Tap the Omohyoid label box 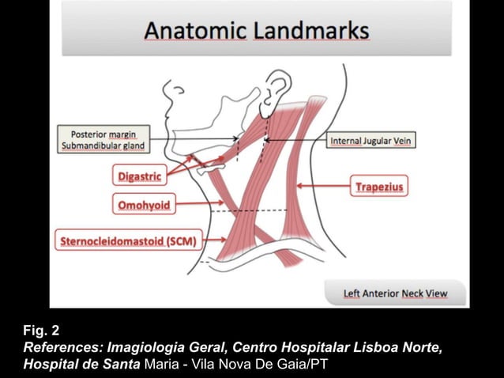pos(143,206)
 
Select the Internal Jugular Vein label pos(371,141)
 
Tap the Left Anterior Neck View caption pos(394,293)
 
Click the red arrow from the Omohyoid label pos(201,206)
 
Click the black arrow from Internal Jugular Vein pos(296,141)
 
